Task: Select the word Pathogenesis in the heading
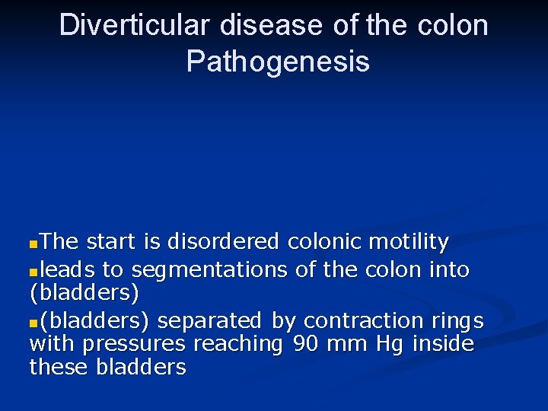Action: point(278,62)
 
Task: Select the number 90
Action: point(305,344)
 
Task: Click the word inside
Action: point(443,344)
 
